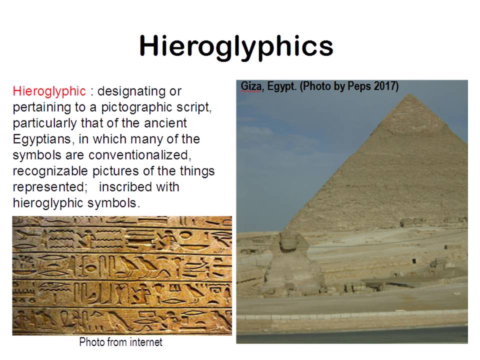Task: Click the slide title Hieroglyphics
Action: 236,47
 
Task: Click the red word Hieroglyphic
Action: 49,91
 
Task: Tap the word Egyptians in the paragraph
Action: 42,139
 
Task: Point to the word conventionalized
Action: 140,155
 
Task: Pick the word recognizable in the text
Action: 50,171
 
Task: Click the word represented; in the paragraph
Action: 50,187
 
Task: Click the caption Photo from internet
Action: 121,342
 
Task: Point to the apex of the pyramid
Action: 410,94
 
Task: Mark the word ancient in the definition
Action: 165,123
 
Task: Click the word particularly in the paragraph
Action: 45,123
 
